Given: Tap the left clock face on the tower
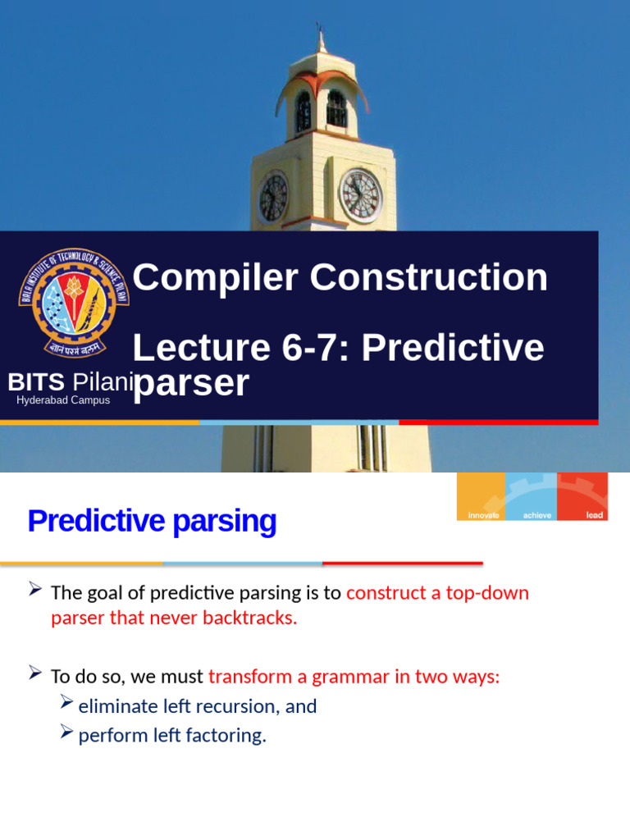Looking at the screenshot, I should [273, 198].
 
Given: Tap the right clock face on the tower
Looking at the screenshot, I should [361, 196].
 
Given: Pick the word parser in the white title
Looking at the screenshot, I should [190, 383].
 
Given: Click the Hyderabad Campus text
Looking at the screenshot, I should [63, 400].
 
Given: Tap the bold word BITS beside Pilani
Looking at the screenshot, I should [36, 382].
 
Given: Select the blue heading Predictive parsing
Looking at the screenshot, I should [152, 521].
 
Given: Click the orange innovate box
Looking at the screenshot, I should [482, 497].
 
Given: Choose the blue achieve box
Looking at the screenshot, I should [532, 497].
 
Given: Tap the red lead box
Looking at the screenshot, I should [583, 497].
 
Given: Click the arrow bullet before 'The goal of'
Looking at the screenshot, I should [35, 589].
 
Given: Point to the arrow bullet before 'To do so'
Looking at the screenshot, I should [35, 673].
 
